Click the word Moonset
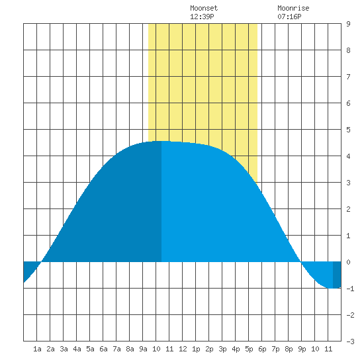[204, 8]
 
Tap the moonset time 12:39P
[202, 17]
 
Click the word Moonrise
[293, 8]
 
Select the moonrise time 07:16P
[289, 17]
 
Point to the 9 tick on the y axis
[348, 24]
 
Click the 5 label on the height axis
[348, 130]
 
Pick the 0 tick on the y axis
[348, 262]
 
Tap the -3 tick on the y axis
[350, 341]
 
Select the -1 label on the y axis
[350, 289]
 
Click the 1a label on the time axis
[37, 349]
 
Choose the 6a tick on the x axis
[103, 349]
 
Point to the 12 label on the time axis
[183, 349]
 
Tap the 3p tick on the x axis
[222, 349]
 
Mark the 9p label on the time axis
[302, 349]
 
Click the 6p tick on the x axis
[262, 349]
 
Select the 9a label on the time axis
[143, 349]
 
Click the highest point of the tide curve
[161, 141]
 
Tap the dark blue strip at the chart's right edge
[337, 275]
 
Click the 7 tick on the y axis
[348, 77]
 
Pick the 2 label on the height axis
[348, 209]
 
